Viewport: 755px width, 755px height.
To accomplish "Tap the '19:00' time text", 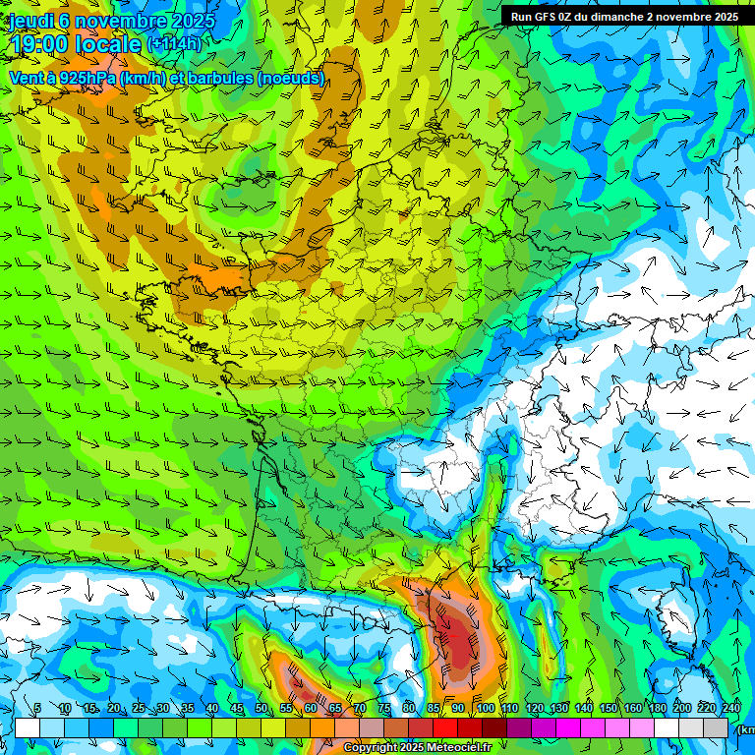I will pos(44,44).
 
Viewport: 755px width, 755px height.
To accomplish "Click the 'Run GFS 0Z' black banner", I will pos(624,17).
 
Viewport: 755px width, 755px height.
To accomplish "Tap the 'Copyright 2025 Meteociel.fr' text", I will pos(417,748).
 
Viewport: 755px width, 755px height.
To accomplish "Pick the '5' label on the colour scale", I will pos(36,709).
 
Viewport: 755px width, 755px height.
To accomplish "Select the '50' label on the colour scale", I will pos(260,709).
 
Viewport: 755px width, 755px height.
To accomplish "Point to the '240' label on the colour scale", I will pos(731,709).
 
